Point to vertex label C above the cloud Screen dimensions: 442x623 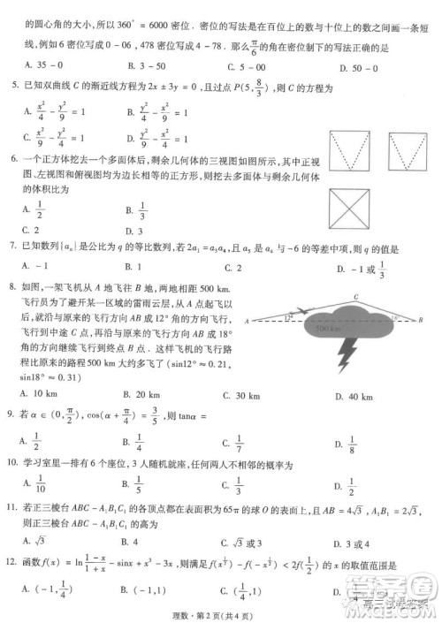pos(354,298)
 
